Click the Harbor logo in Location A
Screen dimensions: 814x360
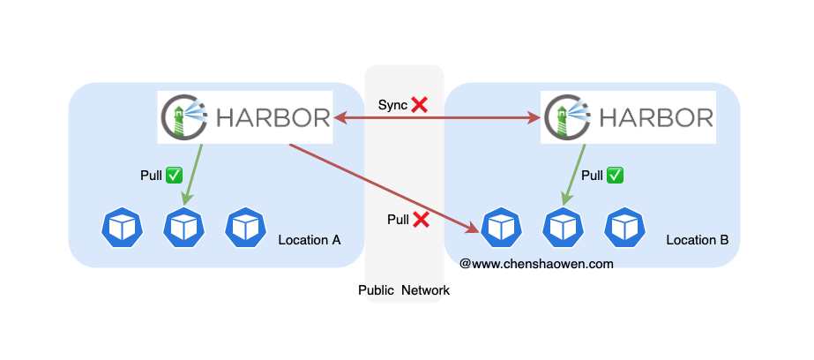pyautogui.click(x=245, y=117)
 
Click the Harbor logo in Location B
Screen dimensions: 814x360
pyautogui.click(x=628, y=117)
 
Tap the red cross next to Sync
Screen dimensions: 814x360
pyautogui.click(x=420, y=105)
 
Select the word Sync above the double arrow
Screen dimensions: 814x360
pyautogui.click(x=392, y=105)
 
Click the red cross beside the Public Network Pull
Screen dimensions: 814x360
pyautogui.click(x=421, y=220)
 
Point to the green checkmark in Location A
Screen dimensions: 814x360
pyautogui.click(x=175, y=176)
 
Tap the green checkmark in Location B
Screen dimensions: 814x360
pyautogui.click(x=616, y=176)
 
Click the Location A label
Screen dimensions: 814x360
pyautogui.click(x=310, y=240)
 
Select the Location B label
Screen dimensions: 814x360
pyautogui.click(x=698, y=240)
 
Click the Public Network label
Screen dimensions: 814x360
pyautogui.click(x=404, y=290)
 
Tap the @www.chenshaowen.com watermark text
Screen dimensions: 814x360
pyautogui.click(x=536, y=264)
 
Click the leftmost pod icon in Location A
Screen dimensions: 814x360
pyautogui.click(x=122, y=228)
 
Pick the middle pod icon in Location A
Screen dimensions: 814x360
pyautogui.click(x=183, y=228)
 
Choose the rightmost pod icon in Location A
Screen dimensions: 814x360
pyautogui.click(x=245, y=228)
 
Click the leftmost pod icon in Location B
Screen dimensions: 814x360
pyautogui.click(x=502, y=228)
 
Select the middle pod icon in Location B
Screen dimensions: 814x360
pyautogui.click(x=564, y=228)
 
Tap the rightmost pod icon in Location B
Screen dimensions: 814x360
pyautogui.click(x=625, y=228)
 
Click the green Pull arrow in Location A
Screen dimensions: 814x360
pyautogui.click(x=192, y=175)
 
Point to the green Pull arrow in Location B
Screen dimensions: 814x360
pyautogui.click(x=576, y=175)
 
